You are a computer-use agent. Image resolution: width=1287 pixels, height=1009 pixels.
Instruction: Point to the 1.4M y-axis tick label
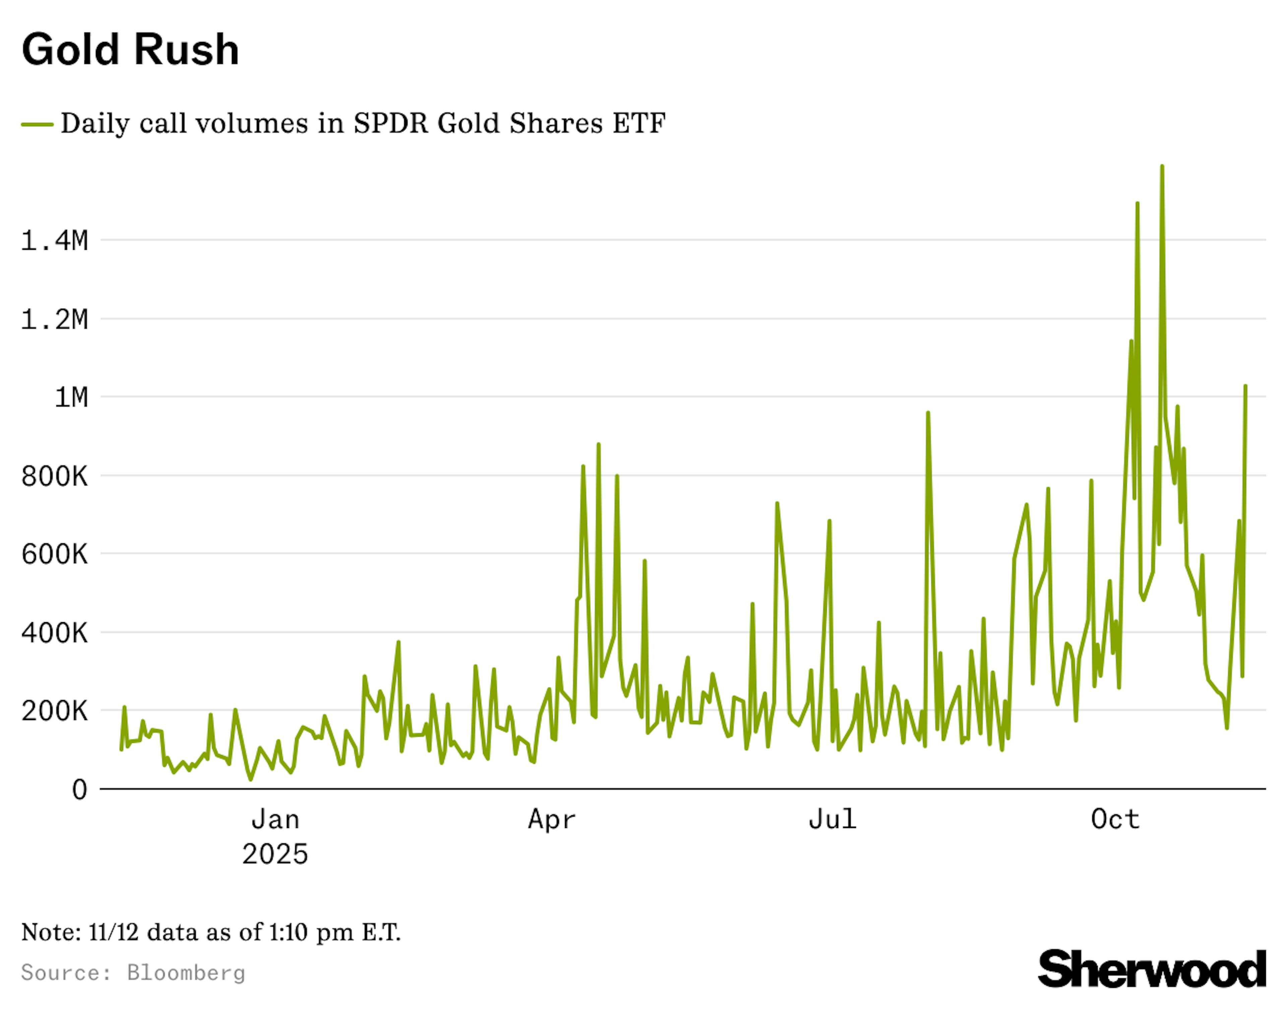54,240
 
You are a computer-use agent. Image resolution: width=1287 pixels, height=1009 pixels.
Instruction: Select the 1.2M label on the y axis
54,319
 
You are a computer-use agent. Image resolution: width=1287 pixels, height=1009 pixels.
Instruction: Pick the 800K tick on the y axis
54,476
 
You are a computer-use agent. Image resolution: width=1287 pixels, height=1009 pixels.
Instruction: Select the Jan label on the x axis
275,819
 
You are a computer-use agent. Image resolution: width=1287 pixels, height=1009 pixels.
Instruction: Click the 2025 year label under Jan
275,854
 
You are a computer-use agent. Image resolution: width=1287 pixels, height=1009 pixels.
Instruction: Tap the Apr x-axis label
552,819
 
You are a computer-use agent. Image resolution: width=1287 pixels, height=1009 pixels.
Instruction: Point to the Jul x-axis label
832,819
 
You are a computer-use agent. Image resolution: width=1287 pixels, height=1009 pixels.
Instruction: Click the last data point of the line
1246,386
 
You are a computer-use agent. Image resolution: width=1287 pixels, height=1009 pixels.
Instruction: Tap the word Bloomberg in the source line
186,972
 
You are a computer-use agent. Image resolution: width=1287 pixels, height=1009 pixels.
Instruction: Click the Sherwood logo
1151,969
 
